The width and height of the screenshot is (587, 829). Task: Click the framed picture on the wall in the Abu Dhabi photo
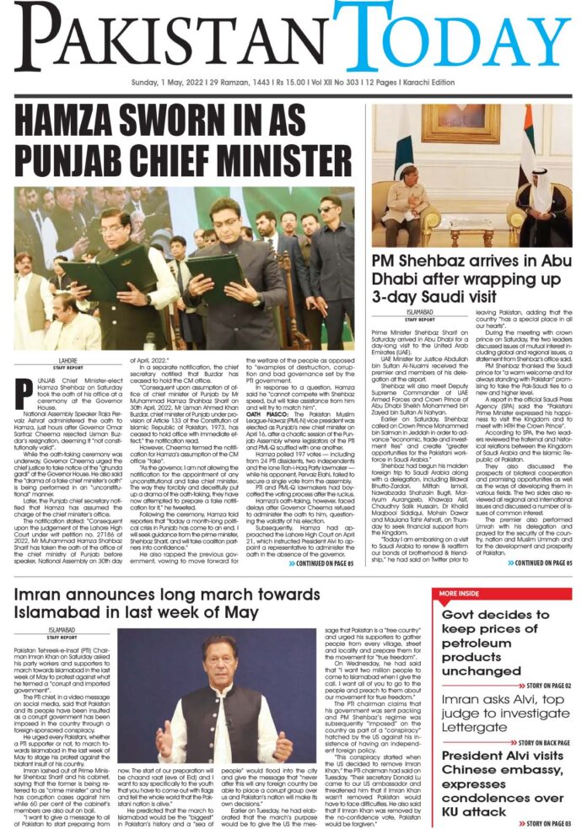pyautogui.click(x=455, y=123)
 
